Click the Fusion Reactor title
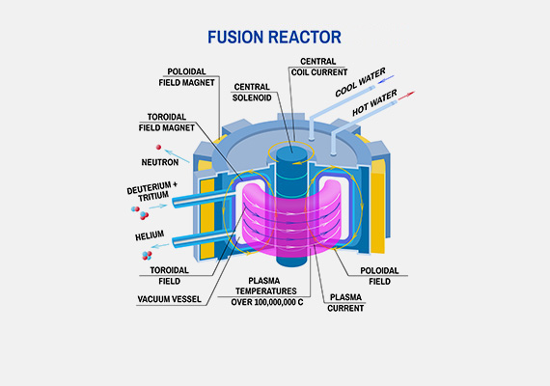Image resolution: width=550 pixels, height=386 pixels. (x=274, y=38)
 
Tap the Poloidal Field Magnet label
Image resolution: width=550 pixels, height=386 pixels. (x=186, y=77)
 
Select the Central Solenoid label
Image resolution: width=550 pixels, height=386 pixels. (x=252, y=93)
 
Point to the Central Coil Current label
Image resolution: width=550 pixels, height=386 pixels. (x=318, y=67)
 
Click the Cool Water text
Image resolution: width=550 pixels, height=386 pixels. (x=360, y=82)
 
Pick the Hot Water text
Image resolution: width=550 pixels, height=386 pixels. (x=374, y=102)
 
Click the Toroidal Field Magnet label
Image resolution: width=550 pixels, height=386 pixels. (x=167, y=123)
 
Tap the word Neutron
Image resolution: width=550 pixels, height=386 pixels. (x=160, y=162)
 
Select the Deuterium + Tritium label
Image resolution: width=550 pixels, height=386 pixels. (x=152, y=192)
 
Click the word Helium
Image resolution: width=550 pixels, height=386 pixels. (x=150, y=235)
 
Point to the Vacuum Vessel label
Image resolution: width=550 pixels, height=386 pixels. (x=170, y=299)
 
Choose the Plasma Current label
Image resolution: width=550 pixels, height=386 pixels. (x=345, y=302)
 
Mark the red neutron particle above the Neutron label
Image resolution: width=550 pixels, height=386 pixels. (x=158, y=148)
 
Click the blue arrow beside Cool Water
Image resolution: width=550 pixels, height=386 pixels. (x=386, y=79)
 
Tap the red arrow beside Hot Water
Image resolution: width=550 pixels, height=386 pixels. (x=406, y=96)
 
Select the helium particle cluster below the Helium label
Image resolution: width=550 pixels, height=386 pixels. (x=147, y=255)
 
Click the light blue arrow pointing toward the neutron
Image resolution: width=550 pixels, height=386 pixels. (x=177, y=156)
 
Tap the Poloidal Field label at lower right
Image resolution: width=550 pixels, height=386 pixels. (x=379, y=276)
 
